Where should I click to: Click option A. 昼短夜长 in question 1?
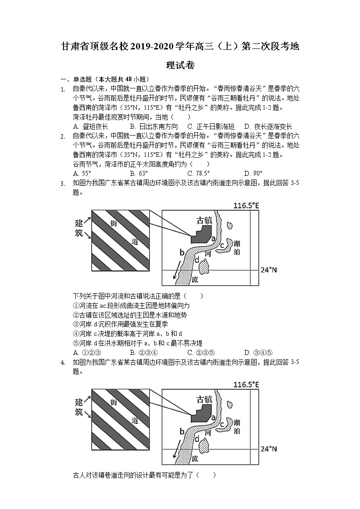(90, 126)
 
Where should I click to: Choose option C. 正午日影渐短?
(210, 126)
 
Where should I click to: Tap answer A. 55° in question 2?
(82, 173)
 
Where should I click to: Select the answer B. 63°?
(138, 173)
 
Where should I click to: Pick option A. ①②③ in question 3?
(87, 352)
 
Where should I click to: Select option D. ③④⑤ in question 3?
(258, 352)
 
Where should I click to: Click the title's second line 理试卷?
(180, 65)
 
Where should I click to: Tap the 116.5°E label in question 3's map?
(246, 206)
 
